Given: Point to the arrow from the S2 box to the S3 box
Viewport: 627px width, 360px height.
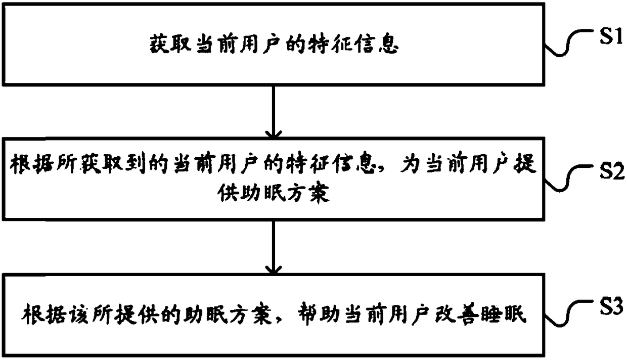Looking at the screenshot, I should point(273,247).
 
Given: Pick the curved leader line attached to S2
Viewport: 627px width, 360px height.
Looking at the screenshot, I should point(572,179).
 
